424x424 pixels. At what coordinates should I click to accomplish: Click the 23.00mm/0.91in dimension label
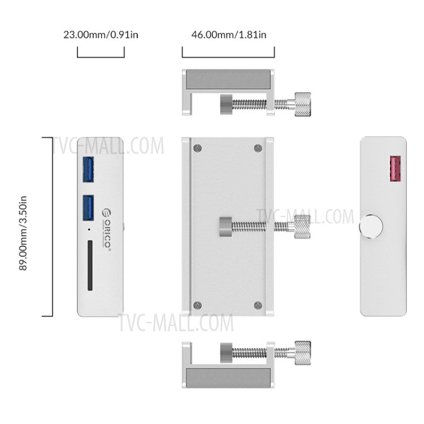coord(101,34)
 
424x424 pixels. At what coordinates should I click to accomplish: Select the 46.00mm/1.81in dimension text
coord(228,34)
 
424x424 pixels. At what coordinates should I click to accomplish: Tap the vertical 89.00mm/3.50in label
coord(24,227)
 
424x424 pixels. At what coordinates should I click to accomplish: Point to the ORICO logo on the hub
coord(106,228)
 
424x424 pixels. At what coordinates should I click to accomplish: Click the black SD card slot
coord(90,266)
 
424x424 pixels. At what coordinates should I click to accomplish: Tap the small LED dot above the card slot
coord(89,231)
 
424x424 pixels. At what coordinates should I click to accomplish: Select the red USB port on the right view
coord(394,168)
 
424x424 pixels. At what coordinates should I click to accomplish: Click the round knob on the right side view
coord(370,227)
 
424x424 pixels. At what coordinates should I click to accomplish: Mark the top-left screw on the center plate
coord(197,148)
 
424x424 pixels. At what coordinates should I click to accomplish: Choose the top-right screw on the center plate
coord(258,148)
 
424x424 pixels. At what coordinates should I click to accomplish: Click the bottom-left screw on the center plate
coord(197,304)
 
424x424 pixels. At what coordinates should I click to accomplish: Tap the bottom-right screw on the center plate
coord(258,304)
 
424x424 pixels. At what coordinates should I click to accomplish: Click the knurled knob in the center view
coord(299,227)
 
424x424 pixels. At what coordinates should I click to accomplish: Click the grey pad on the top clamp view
coord(228,79)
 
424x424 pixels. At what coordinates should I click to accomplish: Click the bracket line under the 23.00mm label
coord(101,57)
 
